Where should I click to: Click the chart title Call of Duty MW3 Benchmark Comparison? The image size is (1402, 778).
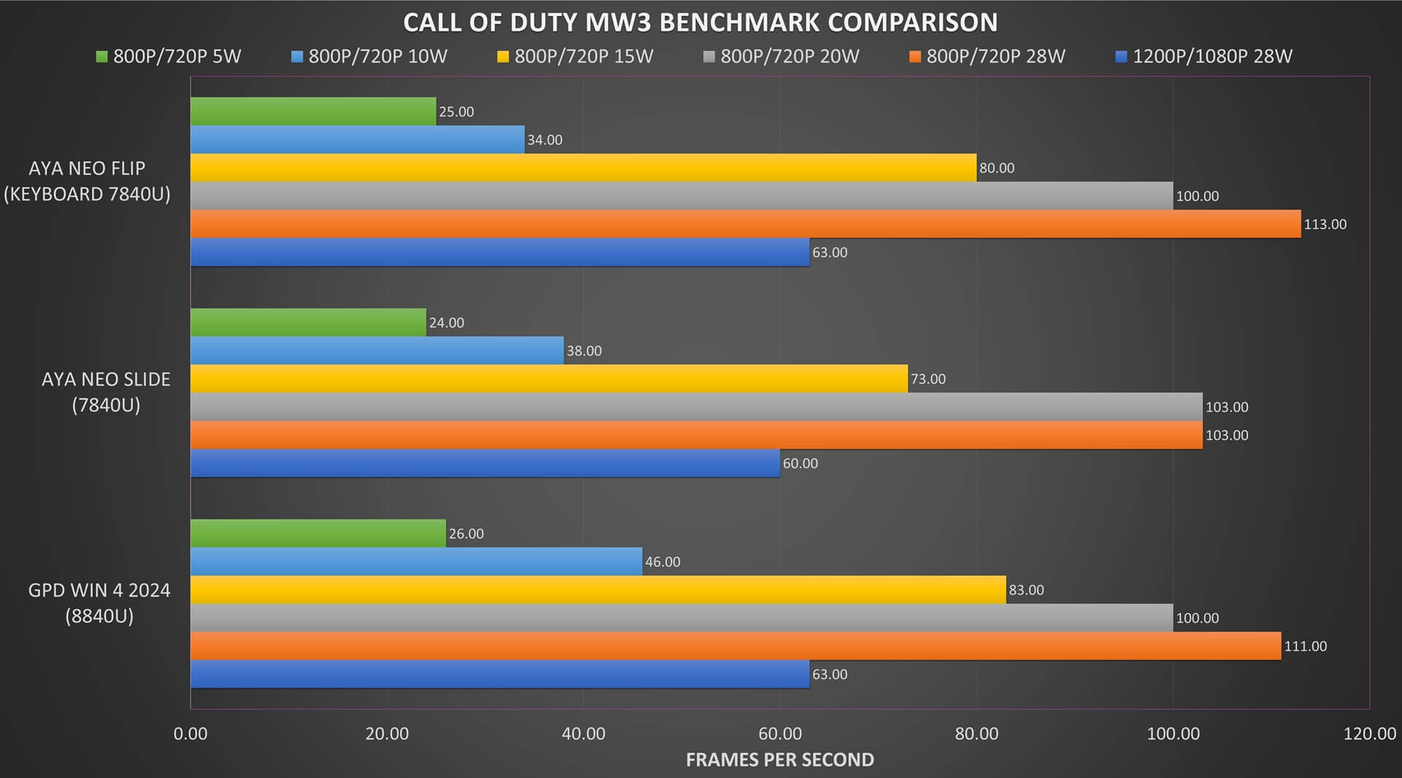(700, 23)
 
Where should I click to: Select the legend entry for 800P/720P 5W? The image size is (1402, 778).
(169, 56)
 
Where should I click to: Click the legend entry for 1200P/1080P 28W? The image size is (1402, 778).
(1204, 56)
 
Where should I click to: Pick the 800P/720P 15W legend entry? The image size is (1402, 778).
(575, 56)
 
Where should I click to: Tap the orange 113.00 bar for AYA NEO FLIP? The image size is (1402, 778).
(745, 224)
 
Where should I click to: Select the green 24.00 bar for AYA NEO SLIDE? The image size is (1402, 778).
(308, 323)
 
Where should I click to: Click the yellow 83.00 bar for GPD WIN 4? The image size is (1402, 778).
(598, 590)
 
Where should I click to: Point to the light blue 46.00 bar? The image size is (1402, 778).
(416, 562)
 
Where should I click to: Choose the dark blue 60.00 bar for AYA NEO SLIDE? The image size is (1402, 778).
(485, 463)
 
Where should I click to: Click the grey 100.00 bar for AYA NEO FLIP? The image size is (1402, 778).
(681, 196)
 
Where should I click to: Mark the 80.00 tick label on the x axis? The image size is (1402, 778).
(976, 734)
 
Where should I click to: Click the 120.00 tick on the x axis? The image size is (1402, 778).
(1369, 734)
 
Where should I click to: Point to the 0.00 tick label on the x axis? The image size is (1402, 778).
(191, 734)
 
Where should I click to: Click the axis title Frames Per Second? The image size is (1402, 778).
(779, 760)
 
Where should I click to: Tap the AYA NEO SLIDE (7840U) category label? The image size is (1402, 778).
(106, 392)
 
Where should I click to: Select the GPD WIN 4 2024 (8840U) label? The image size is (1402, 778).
(99, 603)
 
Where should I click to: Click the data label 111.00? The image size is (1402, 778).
(1305, 647)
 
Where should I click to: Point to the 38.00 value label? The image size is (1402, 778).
(584, 351)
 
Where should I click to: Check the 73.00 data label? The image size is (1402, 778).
(927, 380)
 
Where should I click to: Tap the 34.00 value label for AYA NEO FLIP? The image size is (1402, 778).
(545, 140)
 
